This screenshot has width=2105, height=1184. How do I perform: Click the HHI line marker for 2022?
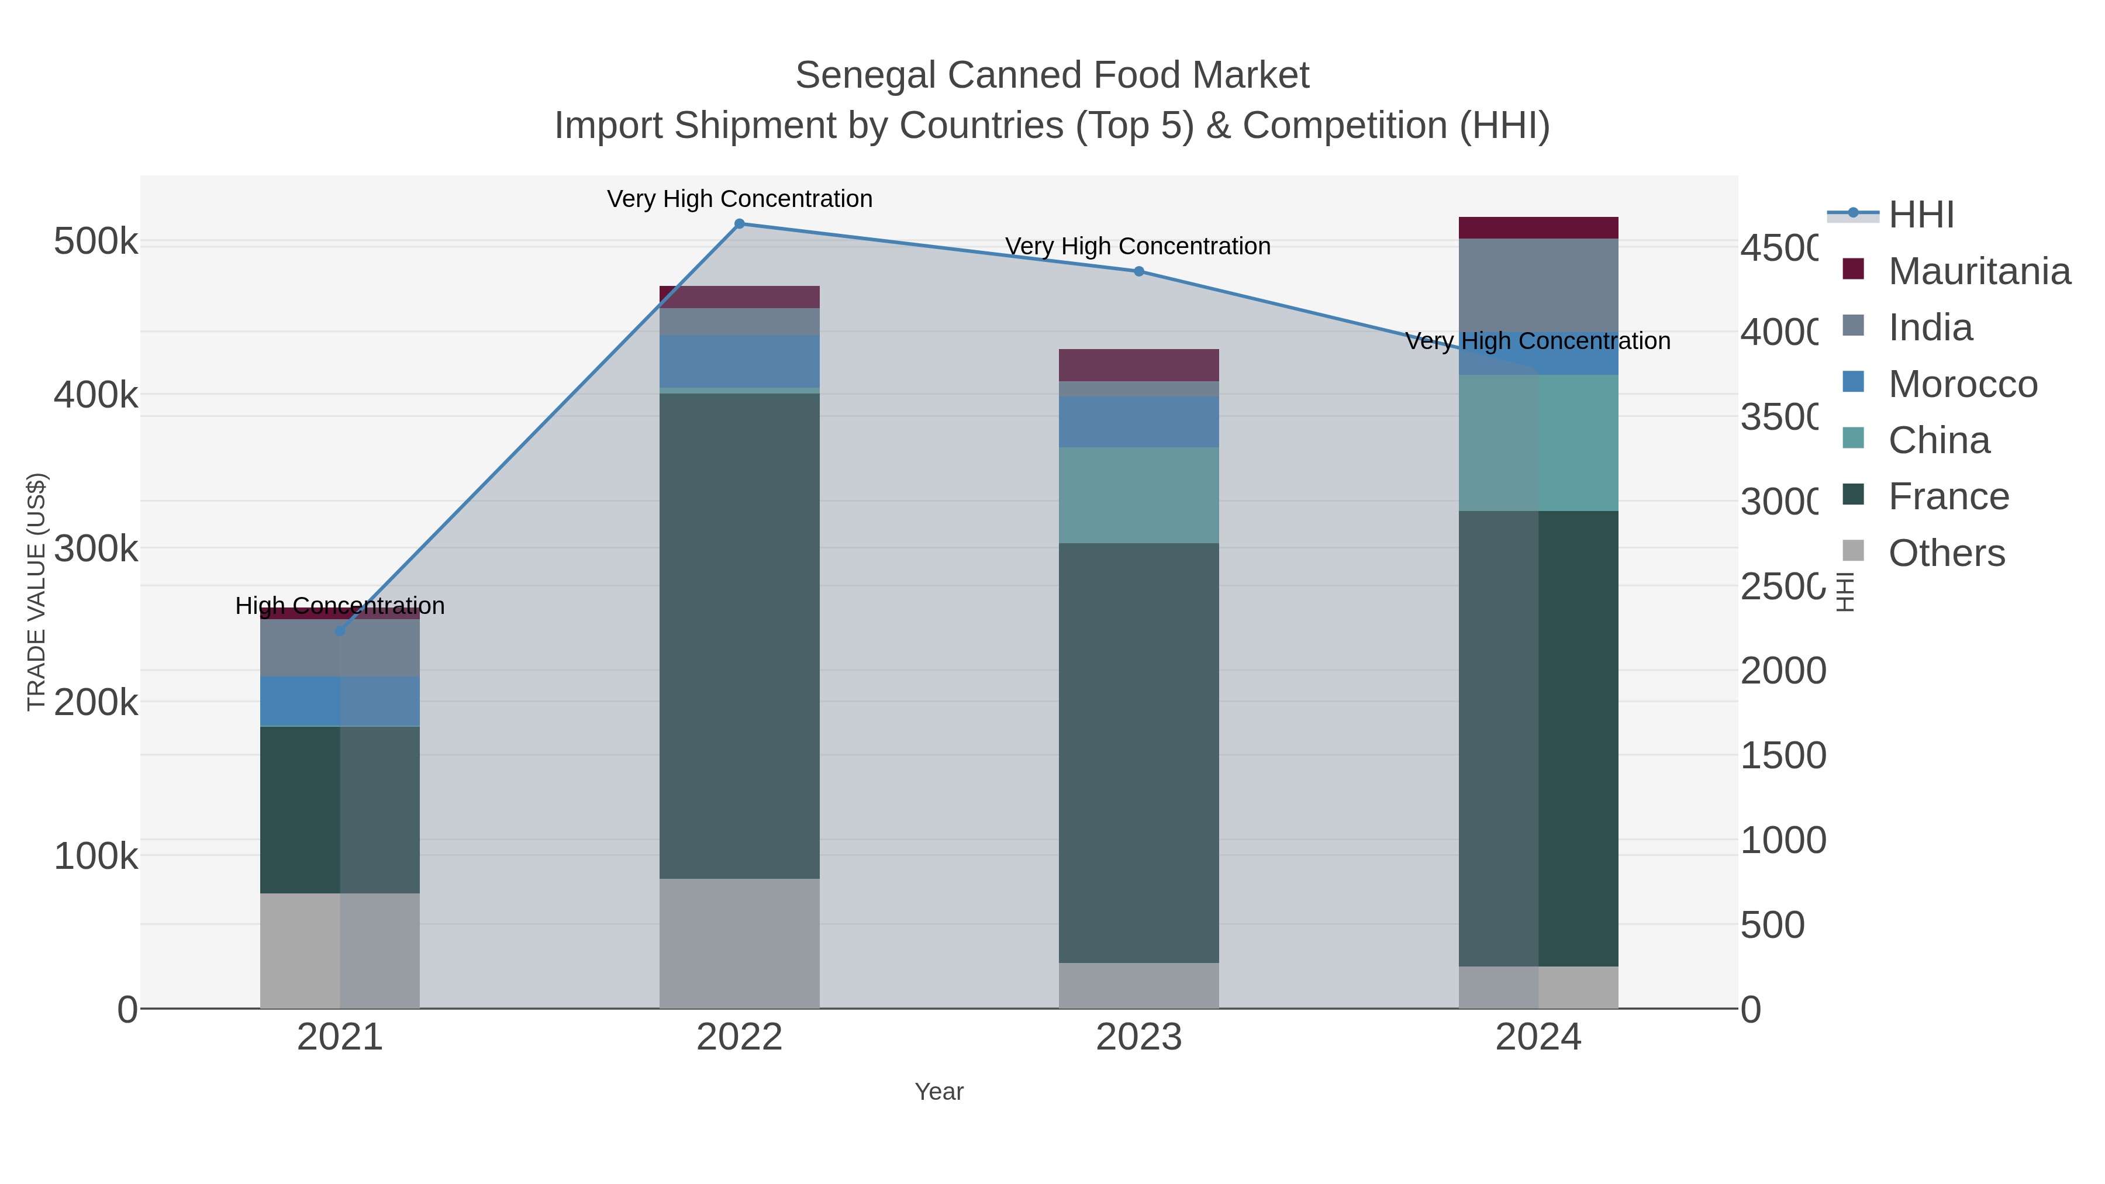coord(740,224)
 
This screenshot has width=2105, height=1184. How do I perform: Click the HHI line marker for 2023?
coord(1139,271)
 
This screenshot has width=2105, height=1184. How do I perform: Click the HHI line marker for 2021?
coord(340,631)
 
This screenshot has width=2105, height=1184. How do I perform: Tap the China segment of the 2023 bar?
coord(1139,495)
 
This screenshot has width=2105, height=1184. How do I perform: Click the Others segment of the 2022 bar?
coord(740,943)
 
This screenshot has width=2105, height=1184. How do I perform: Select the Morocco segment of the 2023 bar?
coord(1139,422)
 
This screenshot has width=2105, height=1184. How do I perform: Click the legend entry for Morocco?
coord(1962,384)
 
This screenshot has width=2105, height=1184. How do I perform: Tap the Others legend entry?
coord(1945,553)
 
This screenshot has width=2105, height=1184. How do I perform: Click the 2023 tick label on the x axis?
coord(1139,1038)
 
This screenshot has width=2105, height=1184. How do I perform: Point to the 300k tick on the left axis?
coord(96,549)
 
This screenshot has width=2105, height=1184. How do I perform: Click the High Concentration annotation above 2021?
coord(340,606)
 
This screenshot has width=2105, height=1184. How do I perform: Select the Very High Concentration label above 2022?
coord(740,199)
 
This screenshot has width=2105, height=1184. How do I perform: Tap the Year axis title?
coord(939,1092)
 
